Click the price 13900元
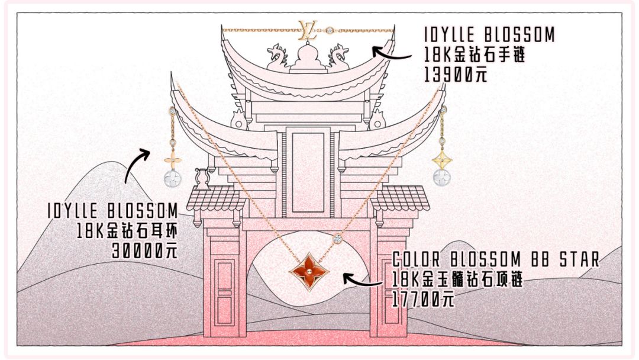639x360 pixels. click(456, 75)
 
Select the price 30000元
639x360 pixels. click(144, 251)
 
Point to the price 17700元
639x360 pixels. click(424, 299)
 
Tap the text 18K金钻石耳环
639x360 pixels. click(127, 231)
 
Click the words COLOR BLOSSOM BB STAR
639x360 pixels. click(496, 259)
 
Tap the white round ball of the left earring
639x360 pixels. click(172, 177)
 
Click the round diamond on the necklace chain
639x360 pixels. click(337, 239)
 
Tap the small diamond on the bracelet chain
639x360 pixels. click(330, 29)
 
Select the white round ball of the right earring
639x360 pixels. click(441, 176)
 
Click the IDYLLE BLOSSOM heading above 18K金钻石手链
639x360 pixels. click(489, 35)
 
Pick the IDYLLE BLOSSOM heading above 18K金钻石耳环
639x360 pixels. click(113, 211)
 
